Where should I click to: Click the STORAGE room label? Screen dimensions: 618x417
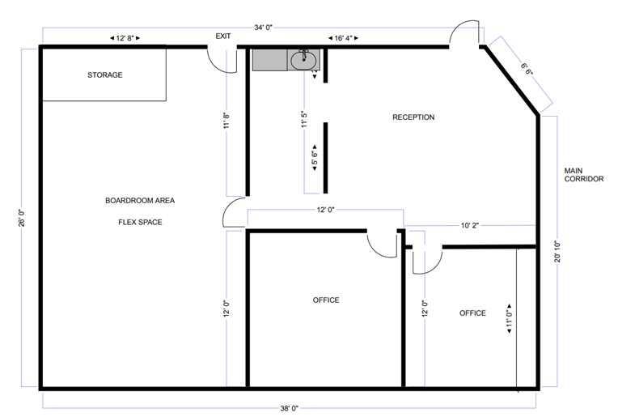point(105,75)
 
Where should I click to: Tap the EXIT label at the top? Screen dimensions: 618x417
point(223,36)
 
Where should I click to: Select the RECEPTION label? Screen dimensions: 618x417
point(413,117)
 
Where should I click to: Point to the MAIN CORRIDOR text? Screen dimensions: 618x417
point(584,175)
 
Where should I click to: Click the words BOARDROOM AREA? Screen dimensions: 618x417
point(140,201)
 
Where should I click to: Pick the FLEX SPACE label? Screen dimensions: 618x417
point(140,222)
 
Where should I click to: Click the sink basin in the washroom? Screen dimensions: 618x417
point(303,61)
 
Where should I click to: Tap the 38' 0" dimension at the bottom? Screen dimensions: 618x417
point(290,408)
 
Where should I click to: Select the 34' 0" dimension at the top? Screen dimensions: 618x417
point(263,28)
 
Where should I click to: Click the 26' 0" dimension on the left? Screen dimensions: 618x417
point(22,218)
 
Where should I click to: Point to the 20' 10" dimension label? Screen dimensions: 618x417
point(557,252)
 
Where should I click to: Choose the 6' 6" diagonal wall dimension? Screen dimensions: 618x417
point(527,69)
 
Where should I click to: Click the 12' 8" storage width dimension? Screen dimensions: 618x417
point(125,38)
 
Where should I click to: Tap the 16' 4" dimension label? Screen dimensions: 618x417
point(343,38)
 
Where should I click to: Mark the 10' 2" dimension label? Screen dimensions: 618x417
point(469,226)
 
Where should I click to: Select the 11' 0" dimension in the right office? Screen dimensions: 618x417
point(509,319)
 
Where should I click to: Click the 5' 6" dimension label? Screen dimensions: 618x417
point(315,158)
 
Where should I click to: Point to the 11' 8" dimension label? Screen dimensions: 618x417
point(226,121)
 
